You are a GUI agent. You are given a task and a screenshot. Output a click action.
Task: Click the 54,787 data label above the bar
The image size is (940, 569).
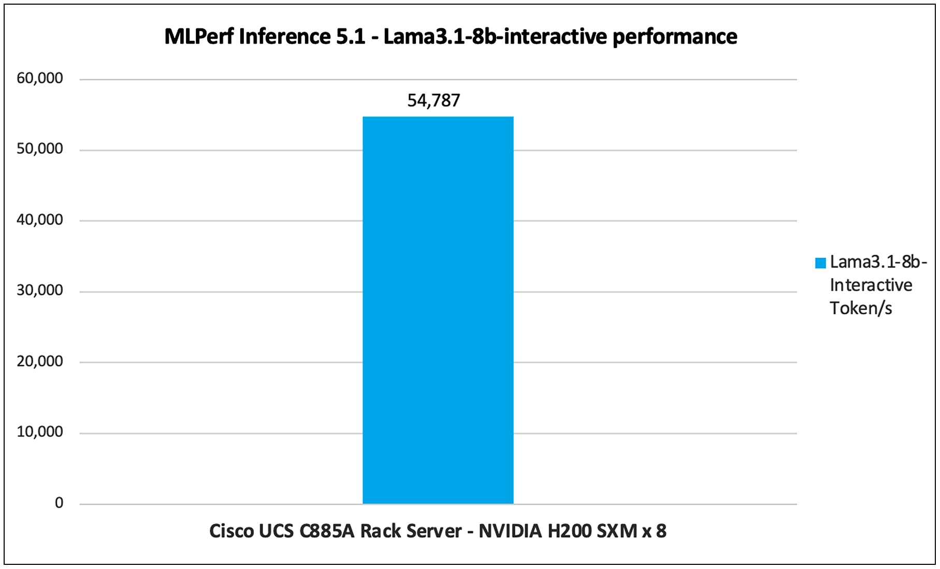(433, 100)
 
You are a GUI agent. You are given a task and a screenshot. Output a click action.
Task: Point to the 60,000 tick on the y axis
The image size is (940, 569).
(40, 78)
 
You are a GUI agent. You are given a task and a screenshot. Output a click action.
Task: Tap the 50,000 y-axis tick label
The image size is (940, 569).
(40, 149)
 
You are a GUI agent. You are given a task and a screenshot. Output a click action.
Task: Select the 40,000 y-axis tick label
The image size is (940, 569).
(40, 220)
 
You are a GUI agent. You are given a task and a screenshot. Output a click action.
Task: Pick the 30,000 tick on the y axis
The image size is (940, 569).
(40, 290)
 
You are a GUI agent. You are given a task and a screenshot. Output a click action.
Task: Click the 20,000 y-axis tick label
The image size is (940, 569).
(40, 361)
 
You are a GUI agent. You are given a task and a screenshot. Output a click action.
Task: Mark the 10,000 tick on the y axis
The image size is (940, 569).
(40, 432)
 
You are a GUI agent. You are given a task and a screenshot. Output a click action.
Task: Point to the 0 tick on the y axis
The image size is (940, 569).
(59, 503)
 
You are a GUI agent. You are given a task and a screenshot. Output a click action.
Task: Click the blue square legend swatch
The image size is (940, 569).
(820, 263)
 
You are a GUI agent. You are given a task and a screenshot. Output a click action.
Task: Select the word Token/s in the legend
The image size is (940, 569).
(861, 309)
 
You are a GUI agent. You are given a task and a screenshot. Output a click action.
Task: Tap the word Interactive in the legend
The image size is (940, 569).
(871, 285)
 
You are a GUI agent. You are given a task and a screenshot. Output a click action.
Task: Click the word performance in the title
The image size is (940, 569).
(675, 37)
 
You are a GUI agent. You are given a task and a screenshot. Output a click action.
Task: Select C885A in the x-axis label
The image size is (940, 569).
(327, 531)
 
